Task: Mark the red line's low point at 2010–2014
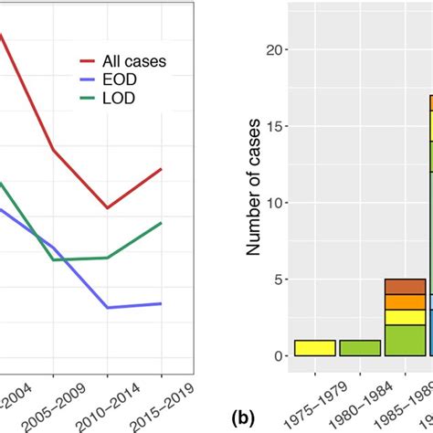pos(107,207)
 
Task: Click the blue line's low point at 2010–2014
pos(107,307)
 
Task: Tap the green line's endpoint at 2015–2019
pos(162,223)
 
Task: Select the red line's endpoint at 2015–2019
pos(162,169)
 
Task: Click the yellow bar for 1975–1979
pos(314,348)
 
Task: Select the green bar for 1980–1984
pos(359,348)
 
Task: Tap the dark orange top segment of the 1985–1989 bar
pos(405,287)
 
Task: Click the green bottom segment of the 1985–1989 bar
pos(405,340)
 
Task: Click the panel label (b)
pos(242,418)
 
